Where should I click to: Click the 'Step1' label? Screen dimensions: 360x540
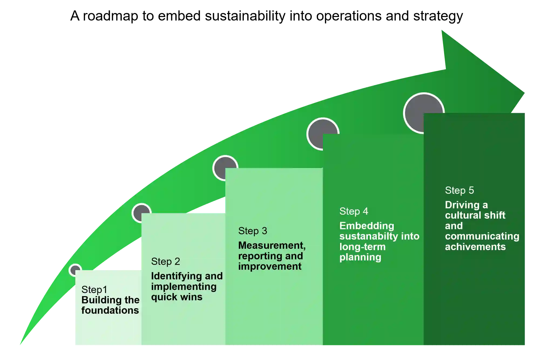(x=94, y=290)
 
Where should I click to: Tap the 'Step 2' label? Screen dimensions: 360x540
(x=166, y=261)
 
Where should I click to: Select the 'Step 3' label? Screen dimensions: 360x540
(x=252, y=231)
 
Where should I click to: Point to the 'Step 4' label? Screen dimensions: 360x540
(x=354, y=211)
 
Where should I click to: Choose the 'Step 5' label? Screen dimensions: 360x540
(x=459, y=191)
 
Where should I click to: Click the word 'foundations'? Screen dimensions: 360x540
(x=110, y=310)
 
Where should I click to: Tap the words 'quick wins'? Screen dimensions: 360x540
(x=177, y=297)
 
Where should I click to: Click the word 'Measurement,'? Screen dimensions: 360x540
(x=272, y=246)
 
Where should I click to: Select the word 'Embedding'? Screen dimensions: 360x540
(x=367, y=226)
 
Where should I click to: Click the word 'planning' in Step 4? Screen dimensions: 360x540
(x=360, y=257)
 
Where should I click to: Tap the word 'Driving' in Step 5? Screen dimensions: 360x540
(x=462, y=205)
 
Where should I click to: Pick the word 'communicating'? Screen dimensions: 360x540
(x=482, y=236)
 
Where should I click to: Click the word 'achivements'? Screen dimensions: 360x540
(x=475, y=247)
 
